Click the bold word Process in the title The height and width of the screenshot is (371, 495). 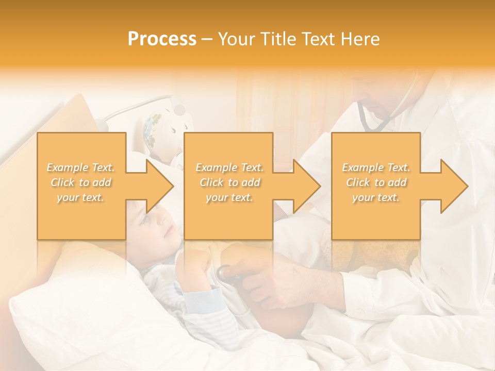(162, 39)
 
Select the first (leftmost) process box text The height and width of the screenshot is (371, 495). (81, 182)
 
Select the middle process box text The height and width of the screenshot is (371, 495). (229, 182)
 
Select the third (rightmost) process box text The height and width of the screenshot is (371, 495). (376, 182)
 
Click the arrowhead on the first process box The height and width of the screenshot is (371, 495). (160, 186)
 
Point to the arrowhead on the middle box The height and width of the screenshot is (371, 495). (307, 186)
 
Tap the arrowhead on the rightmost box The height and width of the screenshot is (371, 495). (454, 186)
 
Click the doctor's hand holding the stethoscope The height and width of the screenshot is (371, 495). (258, 278)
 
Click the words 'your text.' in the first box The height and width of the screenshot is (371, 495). (81, 197)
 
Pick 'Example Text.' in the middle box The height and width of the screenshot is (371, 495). (229, 167)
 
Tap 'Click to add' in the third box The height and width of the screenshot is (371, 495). (376, 182)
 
